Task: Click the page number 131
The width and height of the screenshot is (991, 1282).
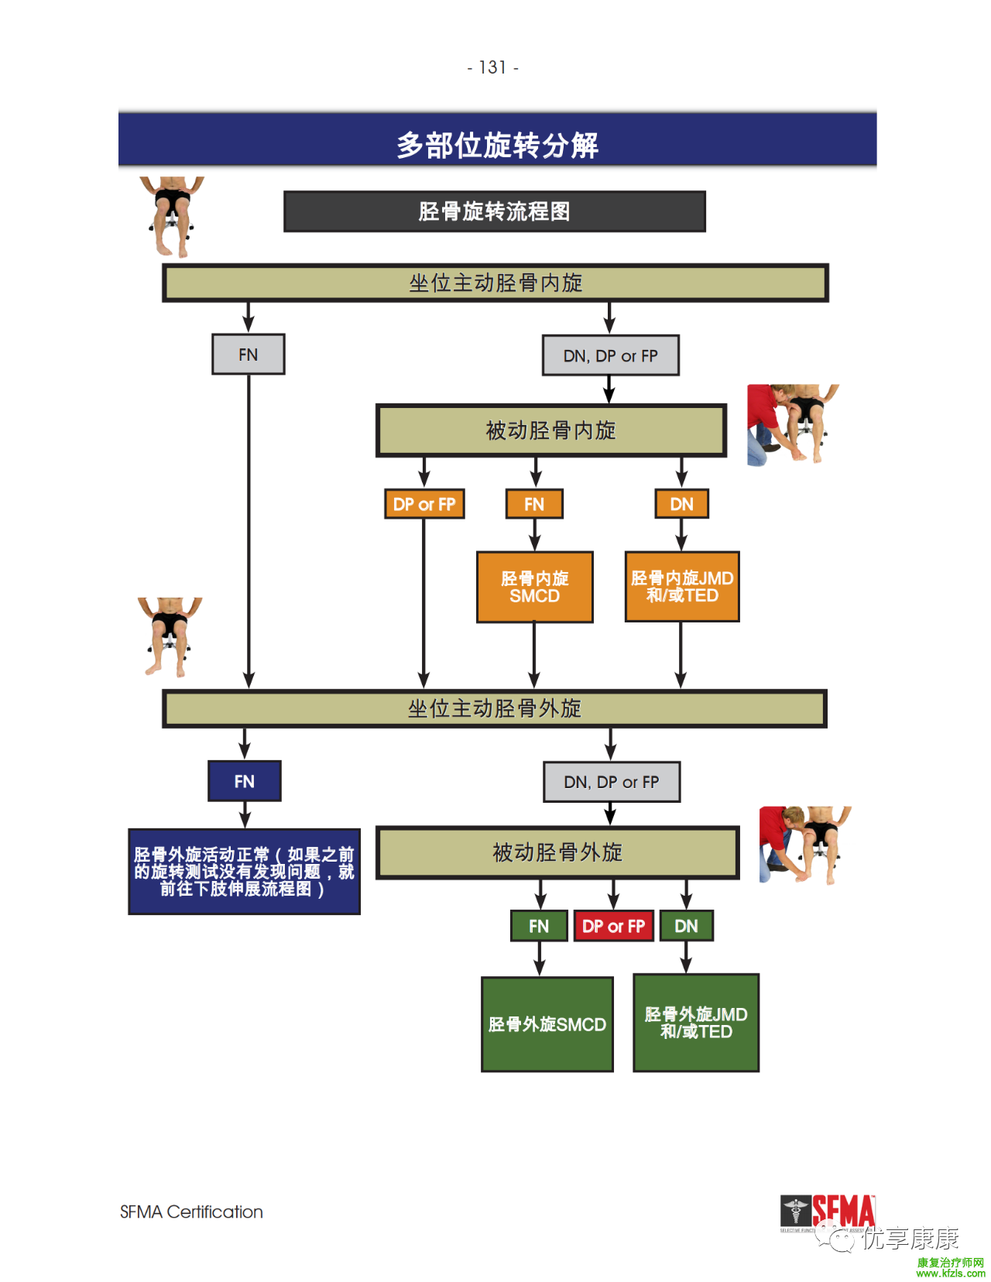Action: (x=492, y=68)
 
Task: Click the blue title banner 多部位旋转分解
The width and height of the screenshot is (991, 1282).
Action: (x=497, y=145)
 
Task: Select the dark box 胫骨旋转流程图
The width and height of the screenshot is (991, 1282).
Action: (x=494, y=211)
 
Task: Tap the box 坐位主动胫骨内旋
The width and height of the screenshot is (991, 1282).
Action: (x=495, y=283)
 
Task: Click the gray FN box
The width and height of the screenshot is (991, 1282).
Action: (x=249, y=355)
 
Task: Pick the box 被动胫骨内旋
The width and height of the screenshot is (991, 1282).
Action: (x=550, y=430)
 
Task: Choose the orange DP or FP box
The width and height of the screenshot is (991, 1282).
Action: (x=424, y=504)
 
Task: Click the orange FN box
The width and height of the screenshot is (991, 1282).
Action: (x=534, y=504)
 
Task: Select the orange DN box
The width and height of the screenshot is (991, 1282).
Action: (x=681, y=504)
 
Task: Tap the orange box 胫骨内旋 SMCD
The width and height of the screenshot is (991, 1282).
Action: (x=534, y=587)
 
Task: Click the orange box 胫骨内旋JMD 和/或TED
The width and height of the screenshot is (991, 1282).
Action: (x=682, y=587)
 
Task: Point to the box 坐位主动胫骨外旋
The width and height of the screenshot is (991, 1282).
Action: (x=495, y=708)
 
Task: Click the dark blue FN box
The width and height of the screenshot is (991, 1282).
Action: (x=245, y=781)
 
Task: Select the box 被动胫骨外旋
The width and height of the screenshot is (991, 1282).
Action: (x=557, y=852)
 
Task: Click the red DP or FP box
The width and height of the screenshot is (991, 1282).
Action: (x=613, y=926)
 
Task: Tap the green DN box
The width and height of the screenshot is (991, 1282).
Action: (x=686, y=926)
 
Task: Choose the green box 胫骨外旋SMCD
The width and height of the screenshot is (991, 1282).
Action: (x=547, y=1024)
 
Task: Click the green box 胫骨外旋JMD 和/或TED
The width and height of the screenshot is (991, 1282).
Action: (x=696, y=1023)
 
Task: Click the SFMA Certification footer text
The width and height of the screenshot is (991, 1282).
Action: (x=191, y=1212)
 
